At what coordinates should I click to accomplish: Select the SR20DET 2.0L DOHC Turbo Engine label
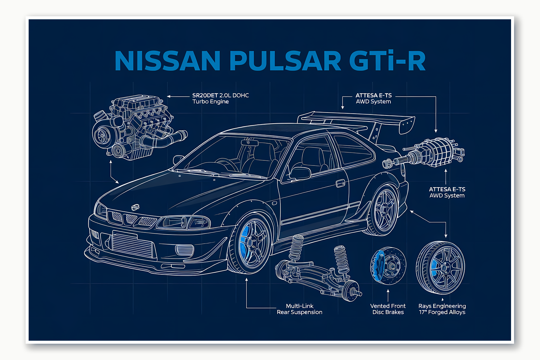(220, 98)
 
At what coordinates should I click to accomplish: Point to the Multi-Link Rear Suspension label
(299, 309)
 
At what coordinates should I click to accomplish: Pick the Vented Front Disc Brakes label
(388, 309)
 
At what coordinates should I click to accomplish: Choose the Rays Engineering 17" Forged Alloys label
(442, 309)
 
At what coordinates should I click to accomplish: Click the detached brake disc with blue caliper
(388, 265)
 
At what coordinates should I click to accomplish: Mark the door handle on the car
(340, 183)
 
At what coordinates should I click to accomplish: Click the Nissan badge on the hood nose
(135, 207)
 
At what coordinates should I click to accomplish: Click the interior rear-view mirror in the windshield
(250, 143)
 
